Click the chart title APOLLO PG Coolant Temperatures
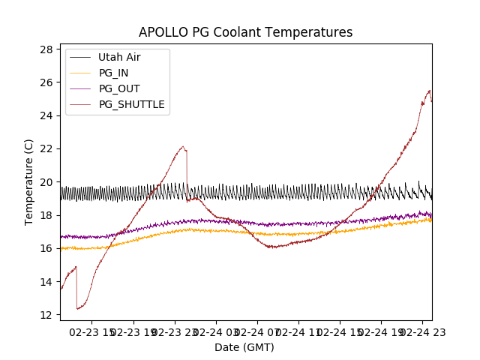(x=245, y=32)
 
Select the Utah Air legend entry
(x=119, y=57)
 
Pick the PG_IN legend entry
(x=114, y=73)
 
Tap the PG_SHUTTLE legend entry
(x=132, y=104)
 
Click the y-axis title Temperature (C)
(x=29, y=182)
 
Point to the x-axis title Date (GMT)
(x=244, y=347)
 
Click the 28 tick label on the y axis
(x=46, y=49)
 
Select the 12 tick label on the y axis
(x=46, y=315)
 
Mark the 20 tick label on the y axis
(x=46, y=182)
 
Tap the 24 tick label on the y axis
(x=46, y=115)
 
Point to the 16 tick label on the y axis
(x=46, y=248)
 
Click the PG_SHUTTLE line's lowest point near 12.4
(x=77, y=308)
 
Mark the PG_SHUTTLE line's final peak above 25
(x=429, y=91)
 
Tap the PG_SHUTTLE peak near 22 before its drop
(x=182, y=146)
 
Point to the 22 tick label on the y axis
(x=46, y=148)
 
